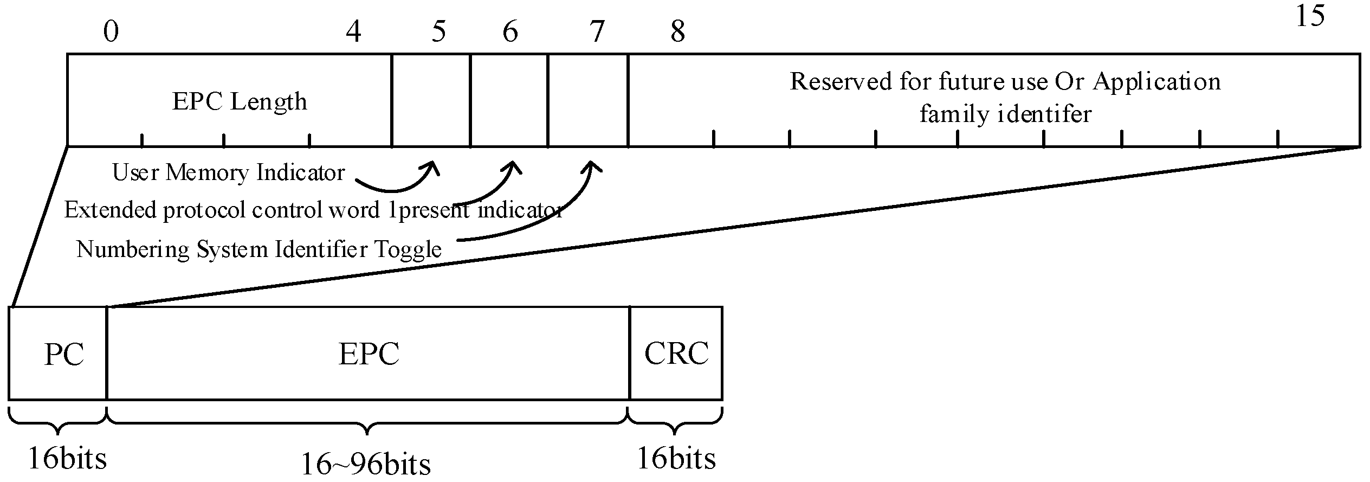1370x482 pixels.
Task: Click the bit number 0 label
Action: tap(111, 31)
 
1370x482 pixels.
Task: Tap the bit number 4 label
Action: tap(353, 31)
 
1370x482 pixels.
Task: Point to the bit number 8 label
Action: tap(677, 31)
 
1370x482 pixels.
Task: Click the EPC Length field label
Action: tap(239, 101)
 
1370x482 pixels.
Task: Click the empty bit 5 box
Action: tap(430, 100)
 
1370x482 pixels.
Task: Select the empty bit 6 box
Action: tap(509, 100)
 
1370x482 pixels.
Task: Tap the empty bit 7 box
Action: tap(588, 100)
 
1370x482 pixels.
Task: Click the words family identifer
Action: tap(1005, 114)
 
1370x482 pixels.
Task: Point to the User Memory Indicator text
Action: tap(228, 173)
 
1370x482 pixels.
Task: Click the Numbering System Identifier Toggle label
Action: tap(259, 249)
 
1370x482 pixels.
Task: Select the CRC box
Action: tap(676, 354)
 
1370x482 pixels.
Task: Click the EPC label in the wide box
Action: tap(369, 354)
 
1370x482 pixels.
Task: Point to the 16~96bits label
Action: tap(365, 464)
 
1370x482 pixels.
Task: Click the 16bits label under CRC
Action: tap(676, 458)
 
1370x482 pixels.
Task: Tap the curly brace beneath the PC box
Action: tap(57, 423)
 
